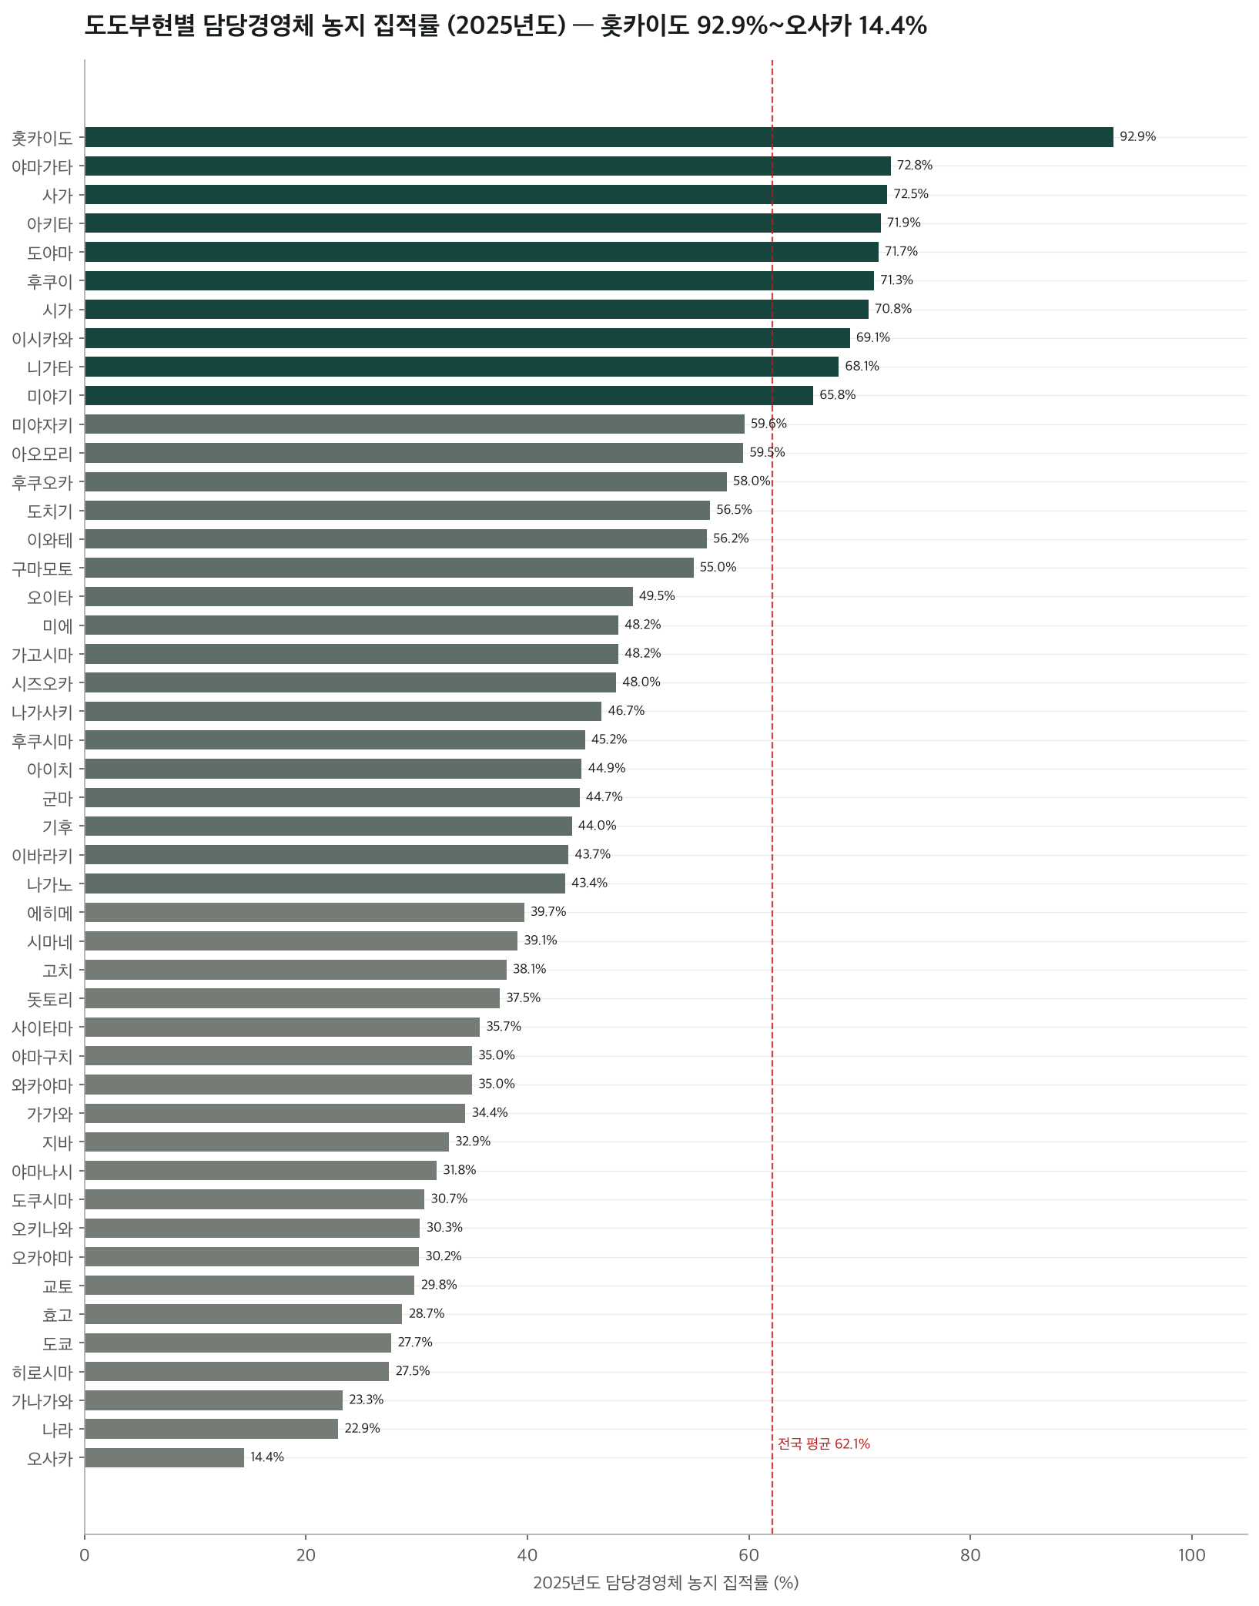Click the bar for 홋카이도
pyautogui.click(x=599, y=137)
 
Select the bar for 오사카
pyautogui.click(x=164, y=1457)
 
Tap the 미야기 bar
pyautogui.click(x=449, y=395)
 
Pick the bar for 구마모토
pyautogui.click(x=389, y=568)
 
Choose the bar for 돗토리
pyautogui.click(x=292, y=998)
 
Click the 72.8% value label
pyautogui.click(x=915, y=166)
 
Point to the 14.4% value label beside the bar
pyautogui.click(x=267, y=1457)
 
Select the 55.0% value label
pyautogui.click(x=718, y=568)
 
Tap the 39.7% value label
pyautogui.click(x=548, y=912)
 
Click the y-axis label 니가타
pyautogui.click(x=50, y=367)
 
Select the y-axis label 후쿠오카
pyautogui.click(x=42, y=482)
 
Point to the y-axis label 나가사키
pyautogui.click(x=42, y=712)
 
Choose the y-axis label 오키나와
pyautogui.click(x=42, y=1229)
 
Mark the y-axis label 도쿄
pyautogui.click(x=58, y=1343)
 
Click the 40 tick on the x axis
pyautogui.click(x=527, y=1555)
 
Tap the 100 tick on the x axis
pyautogui.click(x=1192, y=1555)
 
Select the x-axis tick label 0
pyautogui.click(x=85, y=1555)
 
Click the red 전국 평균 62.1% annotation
pyautogui.click(x=824, y=1444)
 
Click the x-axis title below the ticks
pyautogui.click(x=666, y=1583)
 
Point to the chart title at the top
pyautogui.click(x=505, y=26)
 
